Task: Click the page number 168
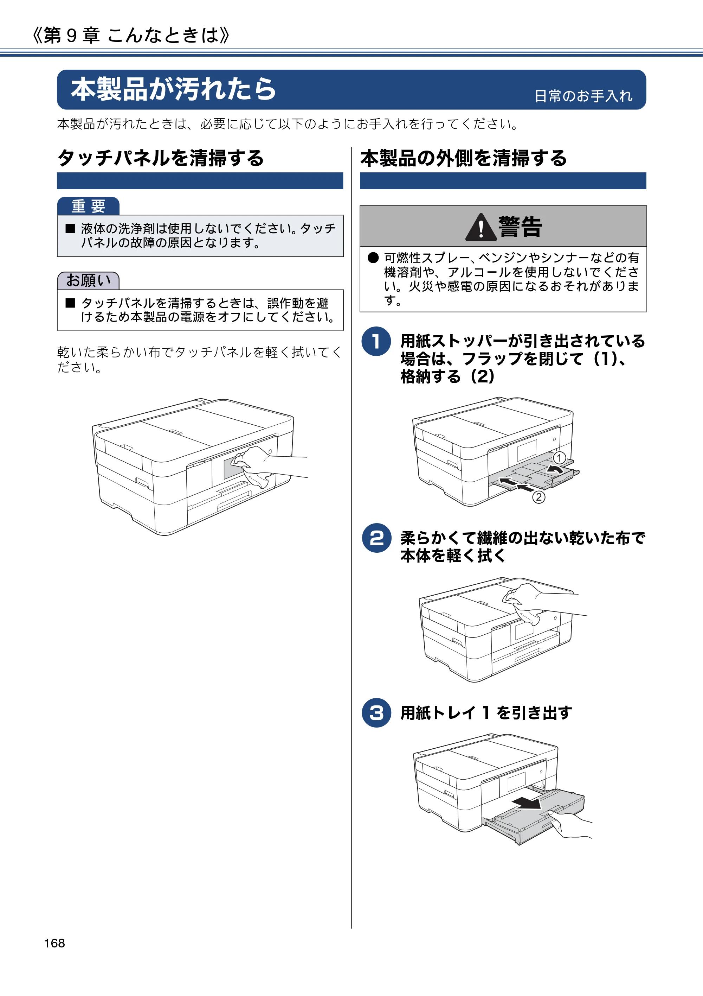tap(54, 943)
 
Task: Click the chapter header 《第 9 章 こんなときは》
tap(131, 35)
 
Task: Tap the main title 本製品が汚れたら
tap(173, 89)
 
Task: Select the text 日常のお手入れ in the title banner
tap(583, 96)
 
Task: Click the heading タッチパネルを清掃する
tap(160, 158)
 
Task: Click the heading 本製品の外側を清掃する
tap(463, 158)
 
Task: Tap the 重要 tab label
tap(89, 206)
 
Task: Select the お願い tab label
tap(89, 281)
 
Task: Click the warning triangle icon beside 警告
tap(481, 228)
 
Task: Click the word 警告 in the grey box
tap(520, 227)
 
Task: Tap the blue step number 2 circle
tap(376, 538)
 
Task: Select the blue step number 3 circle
tap(376, 712)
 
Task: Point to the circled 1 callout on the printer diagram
tap(559, 458)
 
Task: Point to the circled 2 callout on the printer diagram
tap(539, 497)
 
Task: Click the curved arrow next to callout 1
tap(555, 469)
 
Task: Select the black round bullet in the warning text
tap(373, 258)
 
